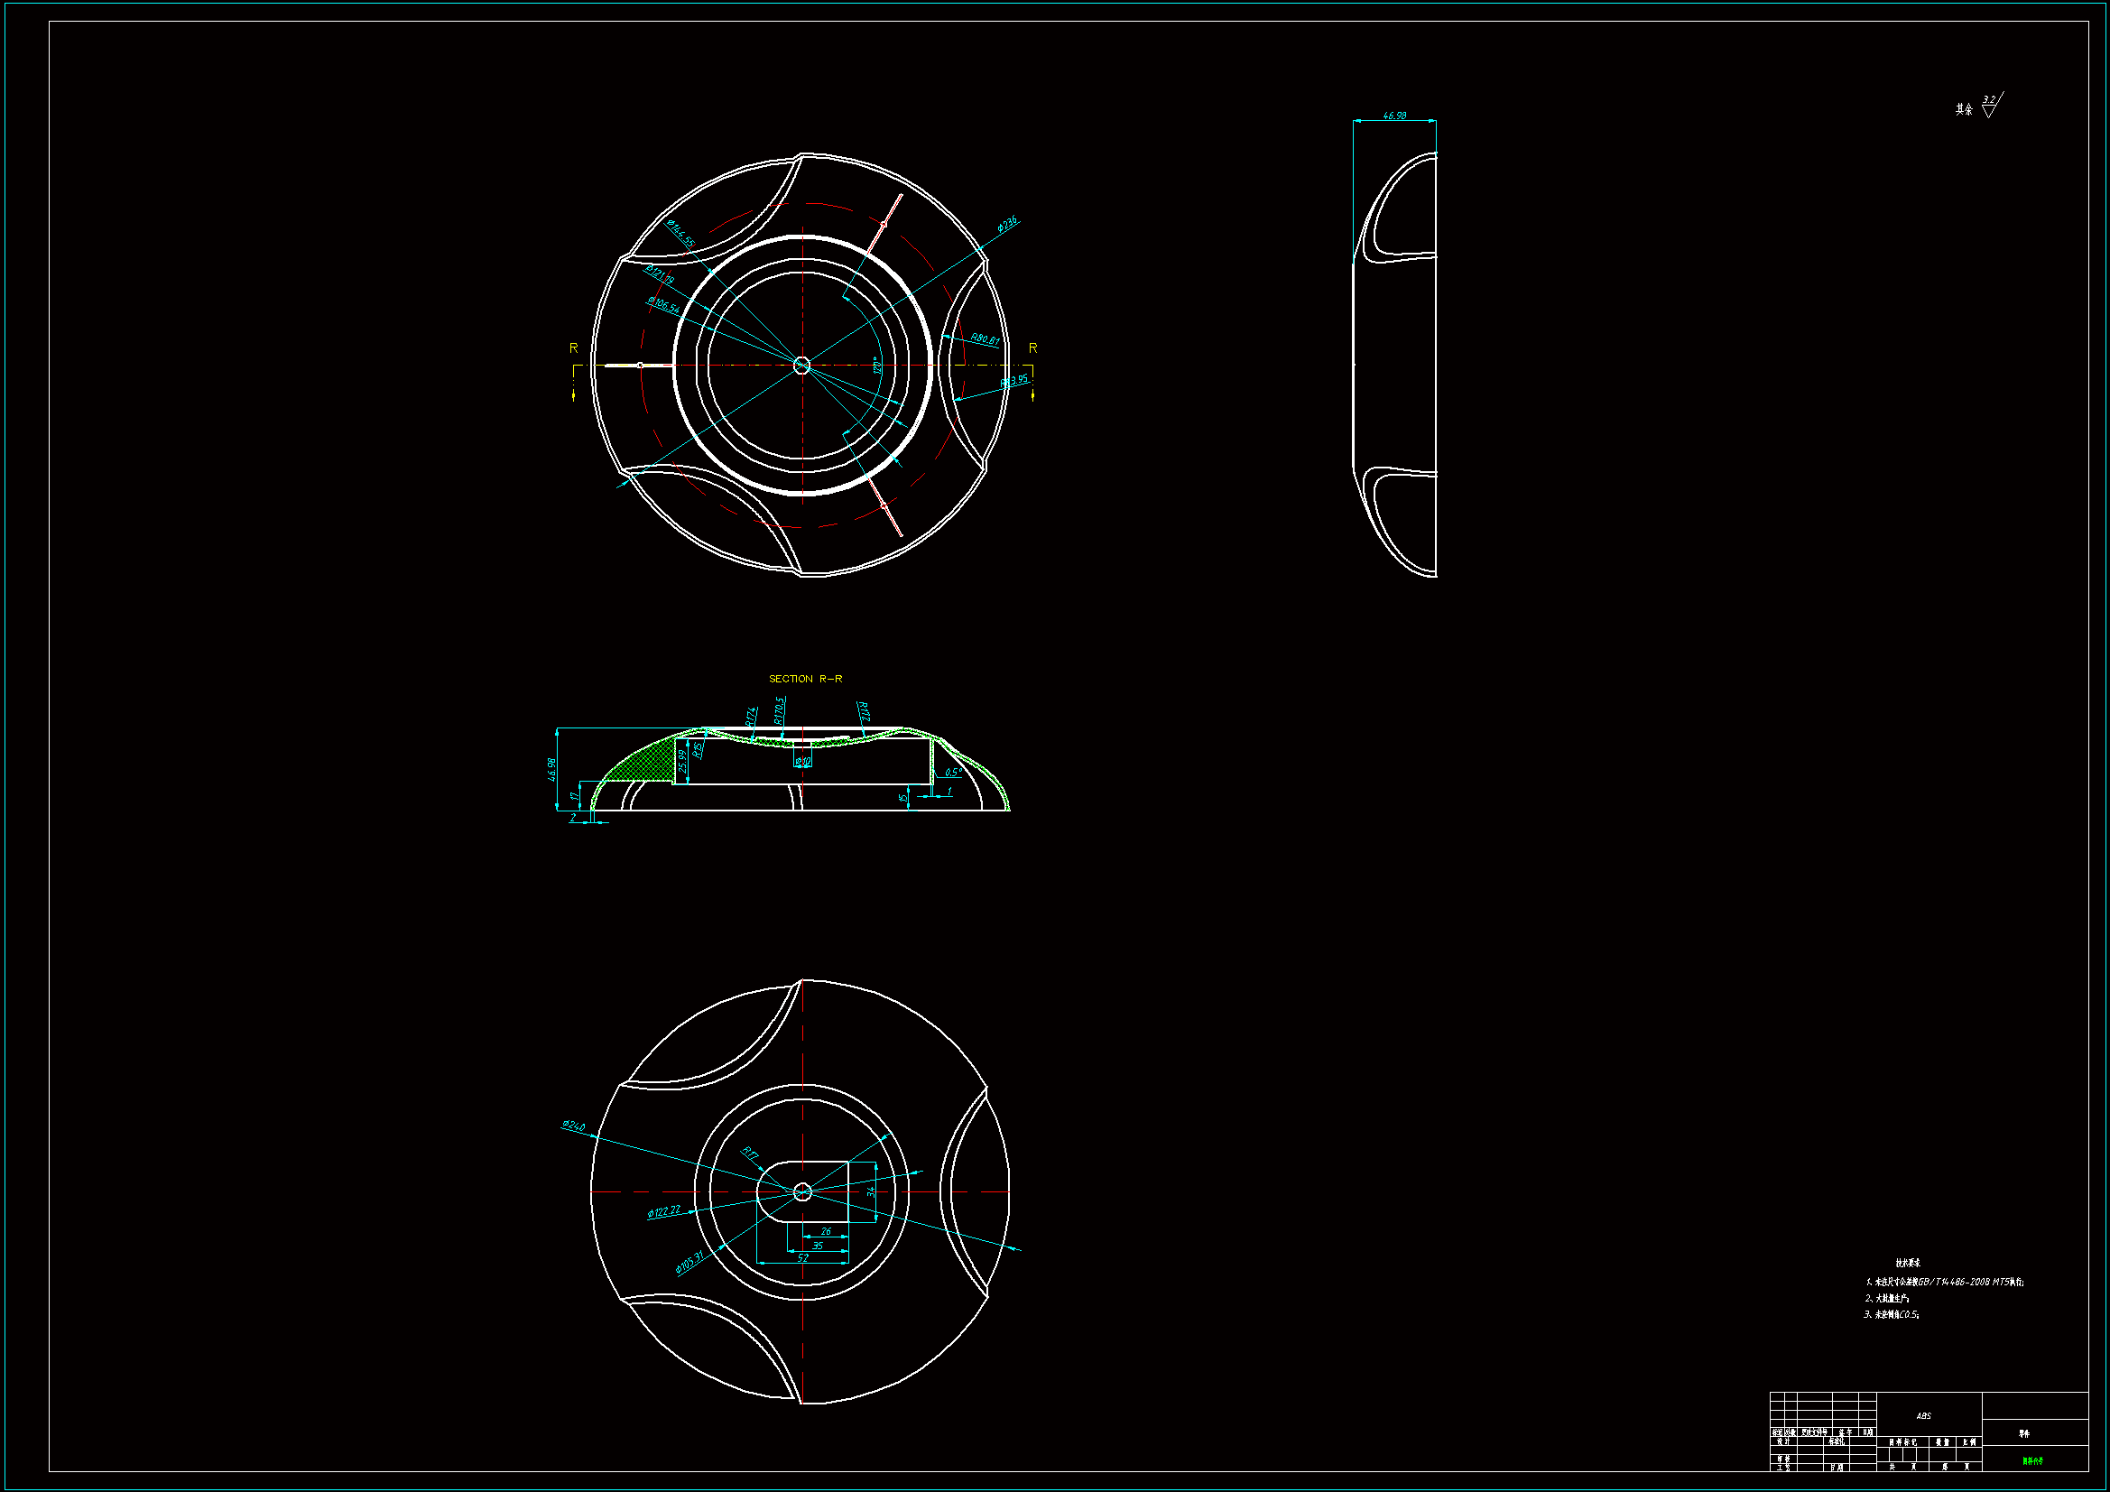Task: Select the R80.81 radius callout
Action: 985,339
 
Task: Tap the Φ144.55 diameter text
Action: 681,234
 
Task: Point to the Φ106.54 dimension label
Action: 662,304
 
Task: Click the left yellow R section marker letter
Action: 573,348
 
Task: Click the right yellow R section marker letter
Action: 1033,348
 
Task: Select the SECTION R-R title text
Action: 805,679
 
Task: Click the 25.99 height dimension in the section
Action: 683,760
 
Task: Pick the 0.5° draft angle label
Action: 953,773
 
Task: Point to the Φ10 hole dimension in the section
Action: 803,761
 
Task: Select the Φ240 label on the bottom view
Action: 573,1126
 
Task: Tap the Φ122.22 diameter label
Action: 663,1211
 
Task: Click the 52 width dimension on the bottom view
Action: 802,1258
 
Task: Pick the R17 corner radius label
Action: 750,1154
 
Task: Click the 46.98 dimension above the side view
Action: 1394,116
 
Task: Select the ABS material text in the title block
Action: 1923,1415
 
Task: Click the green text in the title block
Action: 2031,1460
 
